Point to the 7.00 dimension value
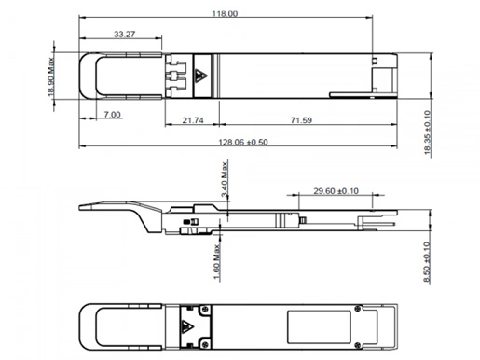pyautogui.click(x=112, y=114)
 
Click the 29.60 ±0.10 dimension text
pyautogui.click(x=335, y=191)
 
